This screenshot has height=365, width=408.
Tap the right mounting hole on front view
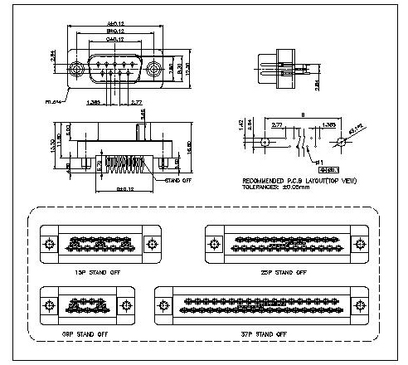tap(153, 70)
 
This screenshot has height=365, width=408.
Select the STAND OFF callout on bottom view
tap(179, 179)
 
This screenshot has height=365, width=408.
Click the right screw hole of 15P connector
tap(151, 244)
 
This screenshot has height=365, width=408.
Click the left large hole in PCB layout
tap(264, 142)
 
